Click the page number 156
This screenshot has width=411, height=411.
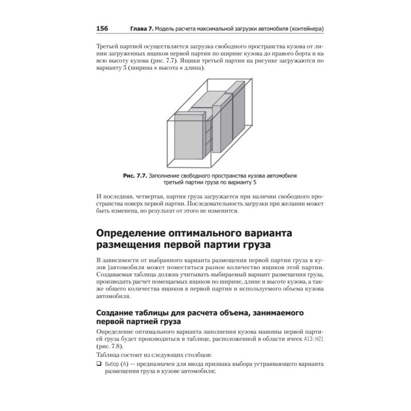click(102, 29)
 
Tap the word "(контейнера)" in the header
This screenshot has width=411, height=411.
click(303, 29)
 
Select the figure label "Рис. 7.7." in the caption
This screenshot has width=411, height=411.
click(135, 175)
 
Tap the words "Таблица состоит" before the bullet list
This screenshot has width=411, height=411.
click(119, 355)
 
